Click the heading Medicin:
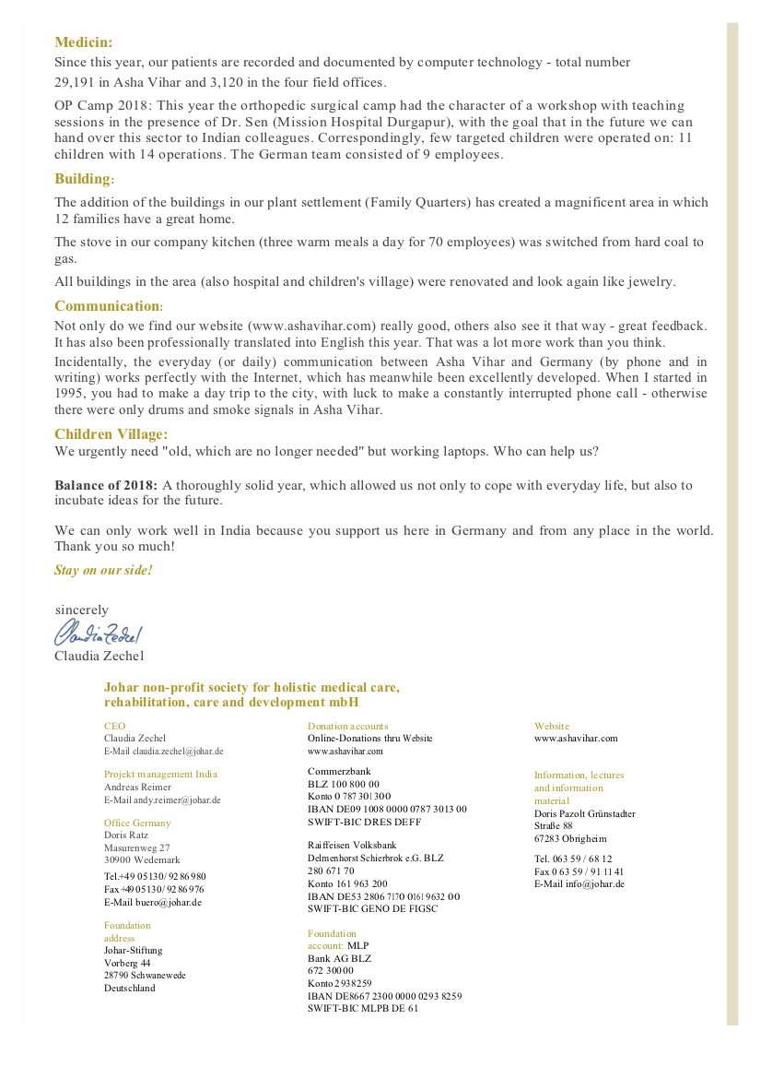(x=84, y=41)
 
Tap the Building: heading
(x=85, y=179)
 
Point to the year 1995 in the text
(x=70, y=394)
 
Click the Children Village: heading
(x=111, y=434)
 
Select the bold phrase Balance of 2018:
(x=106, y=485)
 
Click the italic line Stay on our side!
(x=103, y=570)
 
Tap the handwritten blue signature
(x=98, y=633)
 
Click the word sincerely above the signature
(x=82, y=610)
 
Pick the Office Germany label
(x=137, y=823)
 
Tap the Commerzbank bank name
(x=333, y=770)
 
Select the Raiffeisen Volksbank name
(x=352, y=845)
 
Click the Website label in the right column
(x=552, y=726)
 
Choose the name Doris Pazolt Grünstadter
(x=584, y=813)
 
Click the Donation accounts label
(x=347, y=726)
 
